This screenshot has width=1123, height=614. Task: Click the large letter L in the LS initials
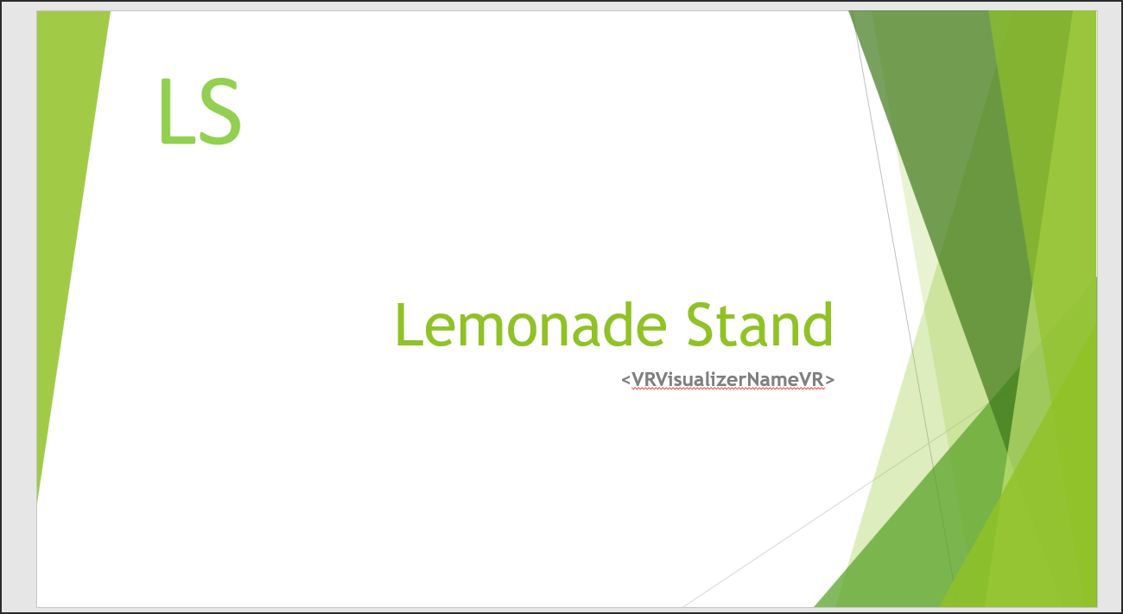click(176, 111)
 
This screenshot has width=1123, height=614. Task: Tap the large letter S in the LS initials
click(220, 111)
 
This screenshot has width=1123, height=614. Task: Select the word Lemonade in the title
click(531, 324)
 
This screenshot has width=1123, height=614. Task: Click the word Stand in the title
click(760, 324)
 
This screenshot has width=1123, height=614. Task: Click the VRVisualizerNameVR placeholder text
click(728, 380)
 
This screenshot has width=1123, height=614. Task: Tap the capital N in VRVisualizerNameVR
click(753, 380)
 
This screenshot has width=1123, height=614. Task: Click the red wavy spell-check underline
click(728, 389)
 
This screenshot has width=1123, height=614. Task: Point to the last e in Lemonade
click(650, 330)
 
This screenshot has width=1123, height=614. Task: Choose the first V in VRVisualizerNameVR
click(638, 380)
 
